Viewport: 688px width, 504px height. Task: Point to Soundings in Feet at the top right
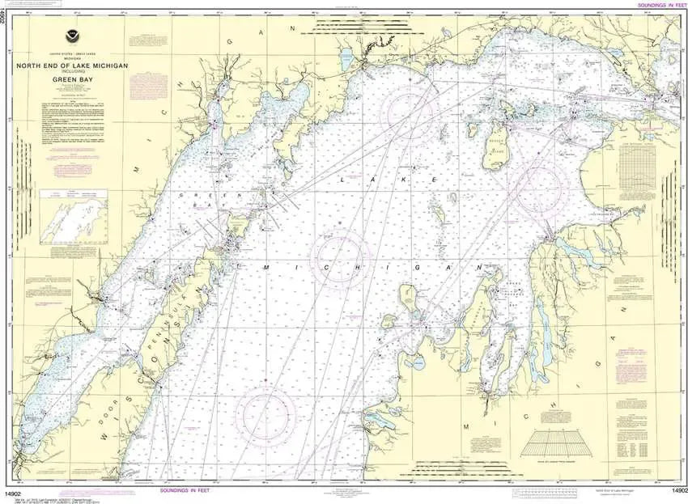(x=661, y=5)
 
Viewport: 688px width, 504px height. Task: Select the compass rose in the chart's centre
(x=341, y=259)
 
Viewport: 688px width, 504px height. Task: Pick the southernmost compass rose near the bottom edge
(x=265, y=416)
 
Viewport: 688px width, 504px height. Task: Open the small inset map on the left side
(x=74, y=222)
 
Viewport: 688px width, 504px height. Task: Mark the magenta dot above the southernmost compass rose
(x=265, y=379)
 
